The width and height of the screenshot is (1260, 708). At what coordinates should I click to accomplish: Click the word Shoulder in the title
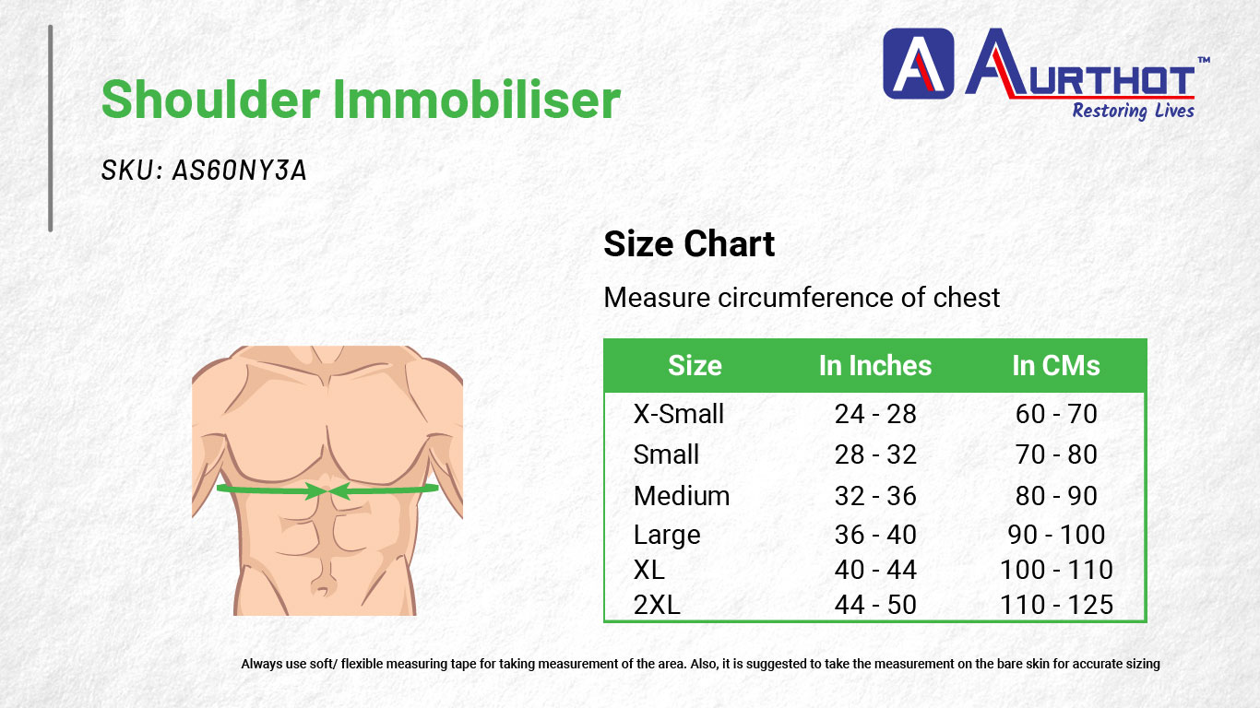211,100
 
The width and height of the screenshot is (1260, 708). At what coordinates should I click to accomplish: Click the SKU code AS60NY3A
240,171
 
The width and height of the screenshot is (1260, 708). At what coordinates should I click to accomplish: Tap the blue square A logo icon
918,64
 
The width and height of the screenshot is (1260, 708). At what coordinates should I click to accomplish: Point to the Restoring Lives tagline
1133,111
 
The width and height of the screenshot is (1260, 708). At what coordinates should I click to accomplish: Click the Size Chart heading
689,244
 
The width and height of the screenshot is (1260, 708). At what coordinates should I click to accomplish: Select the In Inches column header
875,366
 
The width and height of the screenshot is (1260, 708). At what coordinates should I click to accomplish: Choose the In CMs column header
1056,366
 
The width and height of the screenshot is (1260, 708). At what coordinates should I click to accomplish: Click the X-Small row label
678,414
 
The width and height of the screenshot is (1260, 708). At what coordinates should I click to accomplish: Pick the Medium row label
681,496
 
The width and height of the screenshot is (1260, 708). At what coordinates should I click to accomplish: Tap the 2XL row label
657,605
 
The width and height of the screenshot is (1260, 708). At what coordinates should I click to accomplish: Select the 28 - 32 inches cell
875,454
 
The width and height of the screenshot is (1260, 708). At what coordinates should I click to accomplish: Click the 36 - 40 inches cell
875,535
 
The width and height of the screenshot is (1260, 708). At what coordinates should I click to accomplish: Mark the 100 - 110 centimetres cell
1056,570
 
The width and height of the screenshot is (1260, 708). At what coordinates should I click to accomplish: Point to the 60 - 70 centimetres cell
1056,414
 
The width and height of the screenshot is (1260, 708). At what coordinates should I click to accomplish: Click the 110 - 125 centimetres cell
1056,605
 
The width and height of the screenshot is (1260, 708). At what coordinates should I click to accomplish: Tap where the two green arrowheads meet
327,491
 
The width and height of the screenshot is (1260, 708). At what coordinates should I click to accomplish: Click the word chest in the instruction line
967,298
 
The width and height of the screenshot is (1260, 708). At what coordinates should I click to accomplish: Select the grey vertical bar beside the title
51,128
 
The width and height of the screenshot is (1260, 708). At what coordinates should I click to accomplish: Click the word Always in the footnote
262,664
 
